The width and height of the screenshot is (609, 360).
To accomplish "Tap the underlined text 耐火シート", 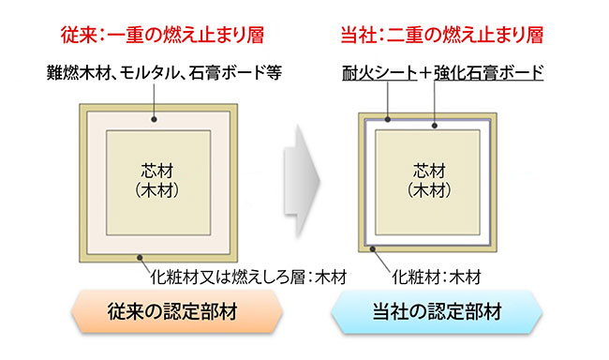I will (379, 72).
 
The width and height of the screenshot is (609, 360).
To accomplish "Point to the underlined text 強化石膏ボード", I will (486, 72).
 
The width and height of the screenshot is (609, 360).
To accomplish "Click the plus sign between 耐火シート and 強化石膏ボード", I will (426, 72).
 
